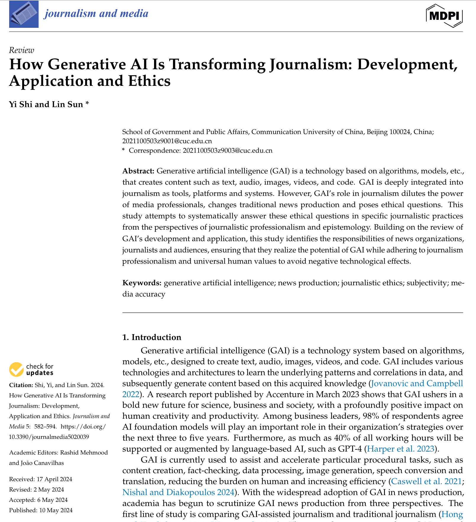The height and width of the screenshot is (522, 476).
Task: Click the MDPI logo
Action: click(x=444, y=16)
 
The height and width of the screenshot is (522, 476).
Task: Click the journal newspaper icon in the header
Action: click(x=24, y=14)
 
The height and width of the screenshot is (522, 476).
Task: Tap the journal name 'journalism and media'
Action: click(x=96, y=14)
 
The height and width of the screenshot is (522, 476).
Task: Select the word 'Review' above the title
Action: click(x=22, y=50)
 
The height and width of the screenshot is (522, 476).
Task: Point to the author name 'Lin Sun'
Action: click(x=67, y=104)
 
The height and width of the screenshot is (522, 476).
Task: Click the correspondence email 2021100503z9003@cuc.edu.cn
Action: click(x=227, y=151)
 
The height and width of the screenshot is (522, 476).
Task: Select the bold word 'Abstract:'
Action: click(x=138, y=171)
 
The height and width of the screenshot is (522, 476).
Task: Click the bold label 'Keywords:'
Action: click(x=142, y=283)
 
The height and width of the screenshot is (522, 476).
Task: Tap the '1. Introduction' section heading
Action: click(x=152, y=337)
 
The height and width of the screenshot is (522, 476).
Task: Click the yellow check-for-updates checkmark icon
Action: click(x=16, y=370)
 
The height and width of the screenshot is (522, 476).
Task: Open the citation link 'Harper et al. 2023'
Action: click(x=400, y=449)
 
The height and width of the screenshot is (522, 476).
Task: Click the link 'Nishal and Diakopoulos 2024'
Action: click(x=178, y=492)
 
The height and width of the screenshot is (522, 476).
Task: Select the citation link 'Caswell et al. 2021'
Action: click(x=426, y=481)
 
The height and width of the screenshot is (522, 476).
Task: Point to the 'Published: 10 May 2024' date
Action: click(x=41, y=510)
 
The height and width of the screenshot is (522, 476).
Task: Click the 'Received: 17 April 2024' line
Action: click(x=41, y=479)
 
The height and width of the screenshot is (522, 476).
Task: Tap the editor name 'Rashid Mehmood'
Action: click(x=84, y=452)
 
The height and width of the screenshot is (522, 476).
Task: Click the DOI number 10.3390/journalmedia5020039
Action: click(x=49, y=437)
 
